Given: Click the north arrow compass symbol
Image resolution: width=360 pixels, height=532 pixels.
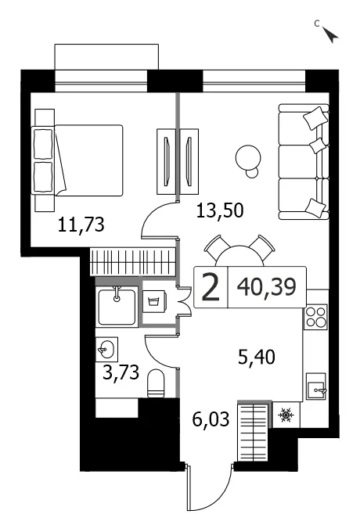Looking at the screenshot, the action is pos(329,34).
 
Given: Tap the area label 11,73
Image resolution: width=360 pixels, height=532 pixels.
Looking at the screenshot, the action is pos(81,225).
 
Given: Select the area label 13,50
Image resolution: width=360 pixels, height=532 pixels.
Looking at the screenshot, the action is pos(220,210).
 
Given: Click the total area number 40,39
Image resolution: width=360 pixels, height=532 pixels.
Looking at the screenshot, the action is pos(267,287).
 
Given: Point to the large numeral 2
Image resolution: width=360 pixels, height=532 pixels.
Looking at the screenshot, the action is pos(211,288).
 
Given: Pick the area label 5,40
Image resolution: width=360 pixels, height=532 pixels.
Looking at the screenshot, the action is pos(256,358).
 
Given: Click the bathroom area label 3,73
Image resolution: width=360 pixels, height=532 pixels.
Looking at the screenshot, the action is pos(121,372).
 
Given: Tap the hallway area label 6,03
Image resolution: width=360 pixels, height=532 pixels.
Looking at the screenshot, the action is pos(211,419).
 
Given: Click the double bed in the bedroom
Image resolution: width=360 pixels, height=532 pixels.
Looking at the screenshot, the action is pos(77,160).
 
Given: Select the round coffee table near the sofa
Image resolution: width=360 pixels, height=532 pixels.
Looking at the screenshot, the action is pos(248,159).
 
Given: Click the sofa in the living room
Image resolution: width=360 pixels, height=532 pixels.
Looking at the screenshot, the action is pos(304,161).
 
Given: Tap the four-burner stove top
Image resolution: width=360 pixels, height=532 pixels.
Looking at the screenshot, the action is pos(315,317).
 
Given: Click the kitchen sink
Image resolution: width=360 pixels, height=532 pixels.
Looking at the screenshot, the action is pos(316,386).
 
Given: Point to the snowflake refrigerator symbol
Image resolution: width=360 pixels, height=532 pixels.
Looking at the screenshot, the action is pos(286,415).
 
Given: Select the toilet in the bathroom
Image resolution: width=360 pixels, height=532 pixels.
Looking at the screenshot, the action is pos(156,383).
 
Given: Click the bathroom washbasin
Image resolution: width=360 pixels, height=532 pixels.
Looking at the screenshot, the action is pos(106,349).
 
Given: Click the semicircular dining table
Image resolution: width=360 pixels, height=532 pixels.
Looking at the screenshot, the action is pos(239,256).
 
